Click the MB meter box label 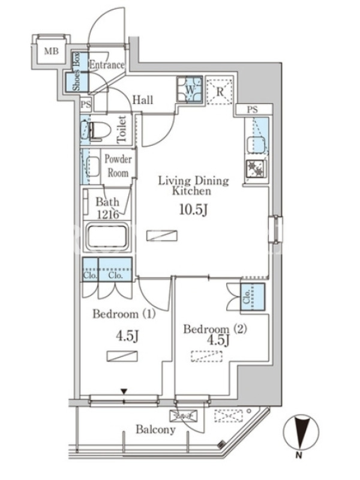(51, 50)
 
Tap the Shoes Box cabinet (77, 72)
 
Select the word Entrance (107, 65)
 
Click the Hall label (143, 100)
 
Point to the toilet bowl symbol (95, 131)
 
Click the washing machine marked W (190, 89)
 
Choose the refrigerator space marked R (220, 91)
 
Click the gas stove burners (257, 169)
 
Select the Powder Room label (118, 166)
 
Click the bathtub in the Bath (107, 238)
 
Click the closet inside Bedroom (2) (253, 297)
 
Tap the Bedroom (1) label (124, 314)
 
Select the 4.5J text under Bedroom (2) (218, 340)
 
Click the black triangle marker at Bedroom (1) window (124, 392)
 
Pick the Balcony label (155, 430)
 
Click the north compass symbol (301, 432)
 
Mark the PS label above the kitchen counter (252, 110)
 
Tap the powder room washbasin (92, 167)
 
